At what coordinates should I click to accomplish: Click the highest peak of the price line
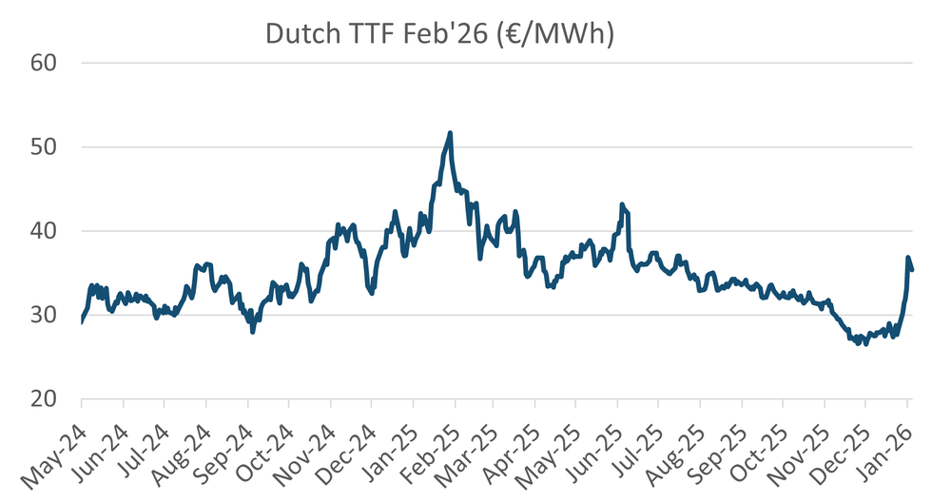click(450, 133)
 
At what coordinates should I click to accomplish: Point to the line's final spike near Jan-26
click(908, 258)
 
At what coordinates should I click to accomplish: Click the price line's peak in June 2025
click(621, 204)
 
